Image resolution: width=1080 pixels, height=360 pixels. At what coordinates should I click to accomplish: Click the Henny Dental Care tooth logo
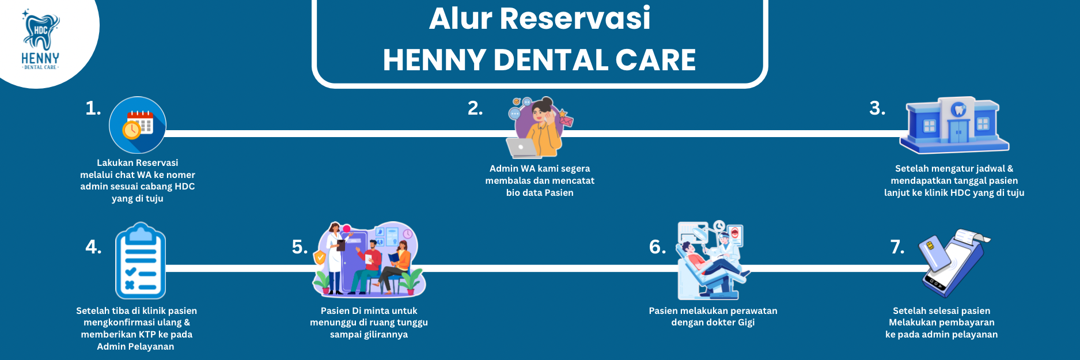(x=40, y=40)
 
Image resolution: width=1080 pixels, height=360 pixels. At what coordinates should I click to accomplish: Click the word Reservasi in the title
(x=575, y=18)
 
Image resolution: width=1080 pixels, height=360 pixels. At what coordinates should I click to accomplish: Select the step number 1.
(x=93, y=108)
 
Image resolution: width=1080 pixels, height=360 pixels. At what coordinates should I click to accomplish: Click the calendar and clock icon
(x=138, y=125)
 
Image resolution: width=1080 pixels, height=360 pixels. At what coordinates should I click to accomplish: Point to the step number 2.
(x=475, y=108)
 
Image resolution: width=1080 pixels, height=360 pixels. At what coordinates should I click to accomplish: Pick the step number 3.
(x=877, y=108)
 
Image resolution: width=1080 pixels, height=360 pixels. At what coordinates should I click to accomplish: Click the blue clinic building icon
(x=954, y=125)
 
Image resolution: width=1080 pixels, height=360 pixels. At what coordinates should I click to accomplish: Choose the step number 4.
(x=93, y=247)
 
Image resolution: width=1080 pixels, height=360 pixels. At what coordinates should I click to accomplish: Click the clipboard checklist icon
(x=141, y=261)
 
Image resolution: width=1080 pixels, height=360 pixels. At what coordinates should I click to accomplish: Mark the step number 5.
(x=300, y=247)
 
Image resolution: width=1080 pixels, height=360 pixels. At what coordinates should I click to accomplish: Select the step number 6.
(x=657, y=247)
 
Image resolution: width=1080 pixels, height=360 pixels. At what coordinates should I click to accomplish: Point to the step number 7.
(x=897, y=247)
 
